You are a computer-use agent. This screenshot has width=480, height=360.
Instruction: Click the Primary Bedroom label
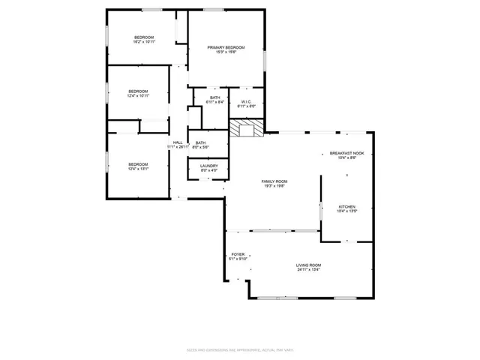point(226,47)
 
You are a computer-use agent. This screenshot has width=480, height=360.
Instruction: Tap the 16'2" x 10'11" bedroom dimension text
point(144,42)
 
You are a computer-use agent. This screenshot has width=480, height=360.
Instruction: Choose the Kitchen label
point(346,206)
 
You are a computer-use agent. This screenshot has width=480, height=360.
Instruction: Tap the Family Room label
point(274,181)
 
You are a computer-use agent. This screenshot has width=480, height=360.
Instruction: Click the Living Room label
point(308,265)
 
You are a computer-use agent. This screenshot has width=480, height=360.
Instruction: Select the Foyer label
point(238,254)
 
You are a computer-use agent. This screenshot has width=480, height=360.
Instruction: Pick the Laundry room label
point(209,166)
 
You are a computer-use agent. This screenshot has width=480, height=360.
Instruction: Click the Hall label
point(178,142)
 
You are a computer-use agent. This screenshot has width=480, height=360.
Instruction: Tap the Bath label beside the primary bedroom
point(215,97)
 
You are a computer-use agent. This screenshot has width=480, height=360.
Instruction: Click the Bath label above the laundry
point(201,142)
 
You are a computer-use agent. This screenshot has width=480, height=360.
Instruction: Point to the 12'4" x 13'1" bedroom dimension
point(138,169)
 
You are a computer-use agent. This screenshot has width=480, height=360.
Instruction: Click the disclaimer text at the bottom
point(239,350)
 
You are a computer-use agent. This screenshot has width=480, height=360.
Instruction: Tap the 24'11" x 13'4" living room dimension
point(308,269)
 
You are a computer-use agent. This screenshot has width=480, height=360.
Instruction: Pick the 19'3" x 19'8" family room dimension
point(274,186)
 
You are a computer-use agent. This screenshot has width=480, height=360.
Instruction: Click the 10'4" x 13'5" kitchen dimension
point(346,211)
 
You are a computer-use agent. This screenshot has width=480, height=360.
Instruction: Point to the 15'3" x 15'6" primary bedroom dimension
point(226,52)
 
